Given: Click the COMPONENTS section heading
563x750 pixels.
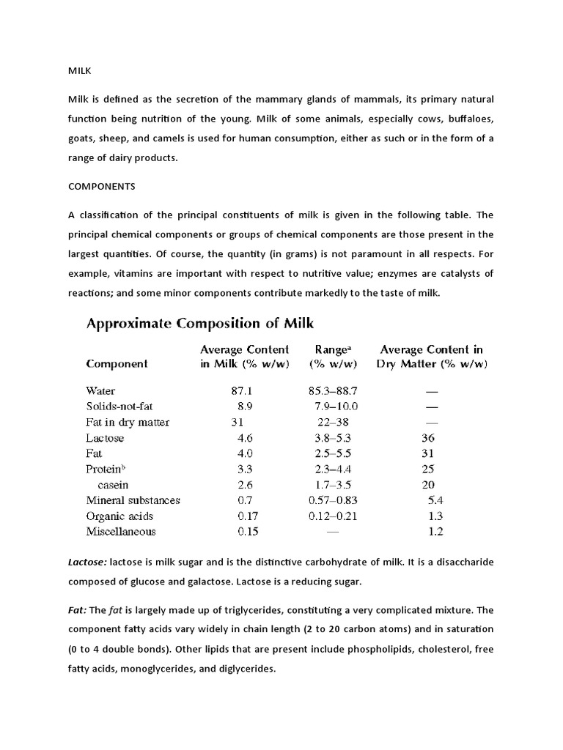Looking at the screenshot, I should click(x=102, y=186).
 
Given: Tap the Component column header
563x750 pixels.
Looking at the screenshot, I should click(x=117, y=363).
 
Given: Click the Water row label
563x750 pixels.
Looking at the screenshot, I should click(x=100, y=391).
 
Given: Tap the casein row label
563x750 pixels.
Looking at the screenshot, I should click(x=113, y=485).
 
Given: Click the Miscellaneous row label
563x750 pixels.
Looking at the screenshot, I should click(x=121, y=532).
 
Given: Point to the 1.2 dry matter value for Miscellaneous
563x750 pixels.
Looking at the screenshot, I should click(x=435, y=532).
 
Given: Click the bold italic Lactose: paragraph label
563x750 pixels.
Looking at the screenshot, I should click(x=87, y=561).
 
